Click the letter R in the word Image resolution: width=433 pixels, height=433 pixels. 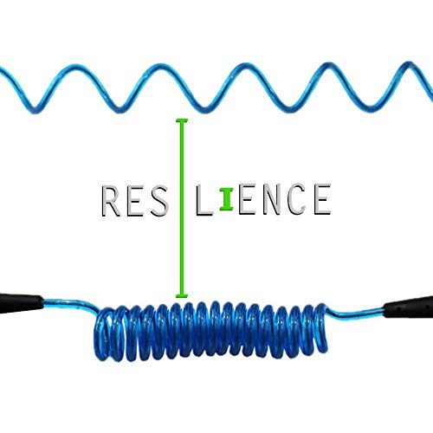click(111, 201)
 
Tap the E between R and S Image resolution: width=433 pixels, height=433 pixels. click(135, 201)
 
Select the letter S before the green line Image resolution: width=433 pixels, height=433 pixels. click(159, 201)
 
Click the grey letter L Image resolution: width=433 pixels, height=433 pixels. click(204, 201)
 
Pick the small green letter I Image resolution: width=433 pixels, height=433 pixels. click(227, 199)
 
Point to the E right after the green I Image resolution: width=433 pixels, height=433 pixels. click(247, 199)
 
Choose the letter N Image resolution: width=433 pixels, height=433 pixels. click(272, 199)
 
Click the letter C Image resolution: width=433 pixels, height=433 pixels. click(297, 199)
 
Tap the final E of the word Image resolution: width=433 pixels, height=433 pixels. click(322, 199)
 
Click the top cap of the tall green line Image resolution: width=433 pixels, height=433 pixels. click(182, 120)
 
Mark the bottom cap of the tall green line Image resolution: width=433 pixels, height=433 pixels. click(182, 295)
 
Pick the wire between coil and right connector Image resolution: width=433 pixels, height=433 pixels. click(356, 313)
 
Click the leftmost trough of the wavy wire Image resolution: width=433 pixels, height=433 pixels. click(36, 110)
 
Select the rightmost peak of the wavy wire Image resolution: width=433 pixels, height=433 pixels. click(408, 64)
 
